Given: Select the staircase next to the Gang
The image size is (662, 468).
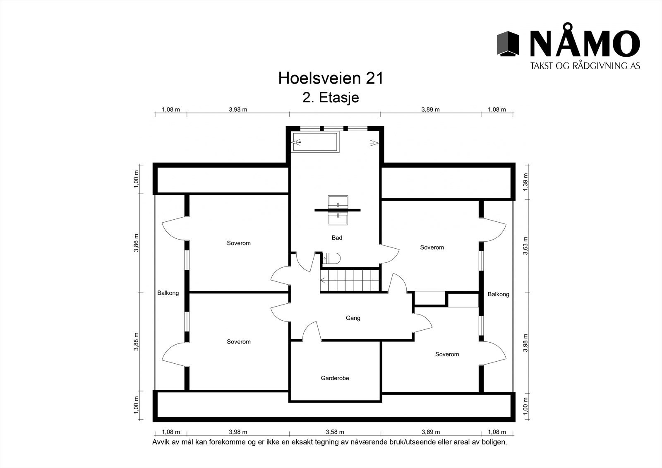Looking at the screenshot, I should pos(350,280).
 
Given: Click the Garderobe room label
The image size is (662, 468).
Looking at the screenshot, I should pos(335,378).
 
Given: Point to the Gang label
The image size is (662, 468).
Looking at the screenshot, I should pos(353,318).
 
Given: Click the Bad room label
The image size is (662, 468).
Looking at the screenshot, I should pos(337,238).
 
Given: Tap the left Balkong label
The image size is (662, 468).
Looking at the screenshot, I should pos(168,293).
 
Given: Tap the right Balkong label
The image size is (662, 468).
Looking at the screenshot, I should pos(498,294).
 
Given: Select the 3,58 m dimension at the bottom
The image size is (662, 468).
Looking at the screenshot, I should pos(335,432).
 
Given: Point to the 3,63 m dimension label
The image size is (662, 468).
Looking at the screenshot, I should pos(525,246).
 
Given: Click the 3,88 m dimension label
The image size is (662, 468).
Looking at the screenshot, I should pos(136,341).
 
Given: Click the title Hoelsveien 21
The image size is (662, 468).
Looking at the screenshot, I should pos(331,78).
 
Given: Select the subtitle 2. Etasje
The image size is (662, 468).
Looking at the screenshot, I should pos(331,98).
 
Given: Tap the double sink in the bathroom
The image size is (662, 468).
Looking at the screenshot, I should pos(338,210).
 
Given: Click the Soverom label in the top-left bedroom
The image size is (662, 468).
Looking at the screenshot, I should pos(239,243).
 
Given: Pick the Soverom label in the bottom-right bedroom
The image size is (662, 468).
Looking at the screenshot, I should pos(447,354).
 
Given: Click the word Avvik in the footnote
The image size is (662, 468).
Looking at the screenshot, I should pos(161,442).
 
